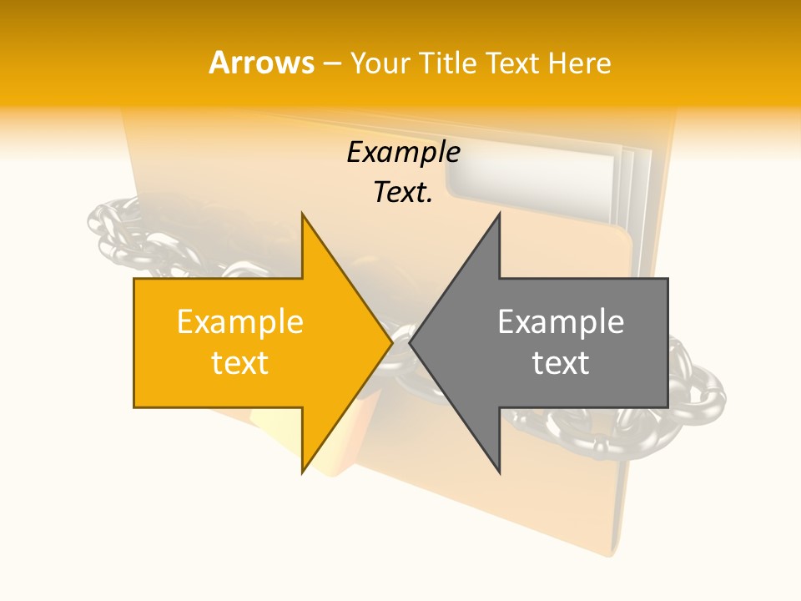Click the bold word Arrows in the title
click(262, 63)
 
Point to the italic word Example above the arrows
click(404, 153)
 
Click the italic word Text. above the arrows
click(404, 193)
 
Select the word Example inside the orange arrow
click(240, 322)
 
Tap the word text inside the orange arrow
click(240, 363)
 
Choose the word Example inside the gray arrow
click(561, 322)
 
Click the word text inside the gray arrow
click(561, 363)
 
